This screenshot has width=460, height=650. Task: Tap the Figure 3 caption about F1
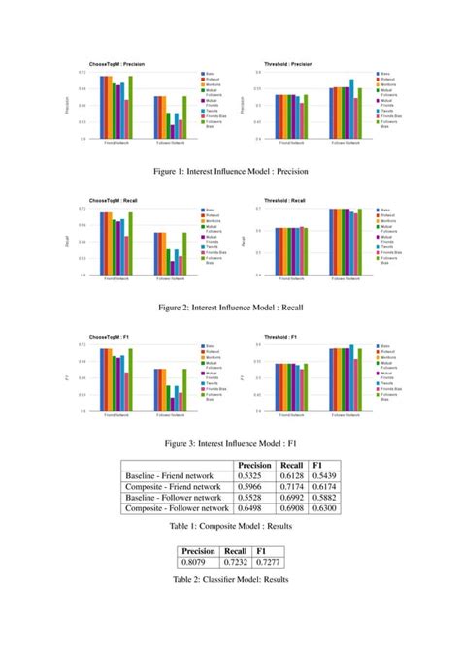(229, 443)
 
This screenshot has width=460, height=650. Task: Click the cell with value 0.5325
(254, 476)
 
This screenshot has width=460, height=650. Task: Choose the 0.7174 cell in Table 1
(292, 487)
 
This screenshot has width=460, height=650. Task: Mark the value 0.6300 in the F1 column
(325, 507)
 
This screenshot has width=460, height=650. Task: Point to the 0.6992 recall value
(292, 497)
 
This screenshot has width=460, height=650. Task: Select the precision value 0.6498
(254, 507)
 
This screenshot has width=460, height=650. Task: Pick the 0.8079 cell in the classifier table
(198, 562)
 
